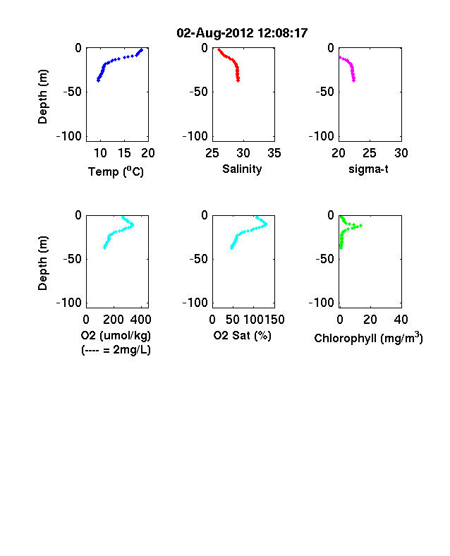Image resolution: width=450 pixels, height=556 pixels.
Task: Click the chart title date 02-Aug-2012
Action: pos(215,33)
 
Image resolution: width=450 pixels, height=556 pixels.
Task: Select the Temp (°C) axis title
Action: pos(116,171)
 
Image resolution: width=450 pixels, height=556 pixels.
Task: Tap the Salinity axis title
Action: pos(242,169)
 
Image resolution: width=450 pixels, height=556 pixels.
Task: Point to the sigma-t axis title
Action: pos(368,169)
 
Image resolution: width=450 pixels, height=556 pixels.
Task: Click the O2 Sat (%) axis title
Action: pos(243,335)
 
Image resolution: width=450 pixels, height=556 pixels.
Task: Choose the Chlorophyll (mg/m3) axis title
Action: pos(368,338)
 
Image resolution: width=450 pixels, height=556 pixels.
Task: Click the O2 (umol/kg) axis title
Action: pos(116,335)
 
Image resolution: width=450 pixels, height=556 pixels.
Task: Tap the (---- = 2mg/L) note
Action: pos(116,350)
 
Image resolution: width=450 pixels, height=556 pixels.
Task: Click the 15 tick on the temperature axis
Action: pos(124,153)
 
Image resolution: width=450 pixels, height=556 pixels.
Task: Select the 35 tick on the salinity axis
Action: pos(274,153)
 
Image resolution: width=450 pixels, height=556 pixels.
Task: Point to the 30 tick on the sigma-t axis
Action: pos(401,153)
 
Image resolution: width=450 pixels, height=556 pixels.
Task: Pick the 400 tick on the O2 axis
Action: pos(140,320)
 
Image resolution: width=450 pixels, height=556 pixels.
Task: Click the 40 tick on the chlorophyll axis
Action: pos(401,320)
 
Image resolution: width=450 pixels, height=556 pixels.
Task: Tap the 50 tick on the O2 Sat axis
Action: pos(233,320)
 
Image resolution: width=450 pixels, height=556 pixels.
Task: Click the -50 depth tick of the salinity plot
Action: pos(198,92)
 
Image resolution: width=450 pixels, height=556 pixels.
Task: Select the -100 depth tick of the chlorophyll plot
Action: pos(322,303)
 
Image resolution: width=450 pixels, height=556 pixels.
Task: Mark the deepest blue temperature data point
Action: pos(98,80)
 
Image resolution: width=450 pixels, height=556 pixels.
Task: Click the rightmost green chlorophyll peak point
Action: pos(360,225)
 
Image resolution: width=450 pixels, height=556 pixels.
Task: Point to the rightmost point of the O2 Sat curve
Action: pos(266,224)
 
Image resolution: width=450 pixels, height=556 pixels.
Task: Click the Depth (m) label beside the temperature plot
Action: pos(42,97)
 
